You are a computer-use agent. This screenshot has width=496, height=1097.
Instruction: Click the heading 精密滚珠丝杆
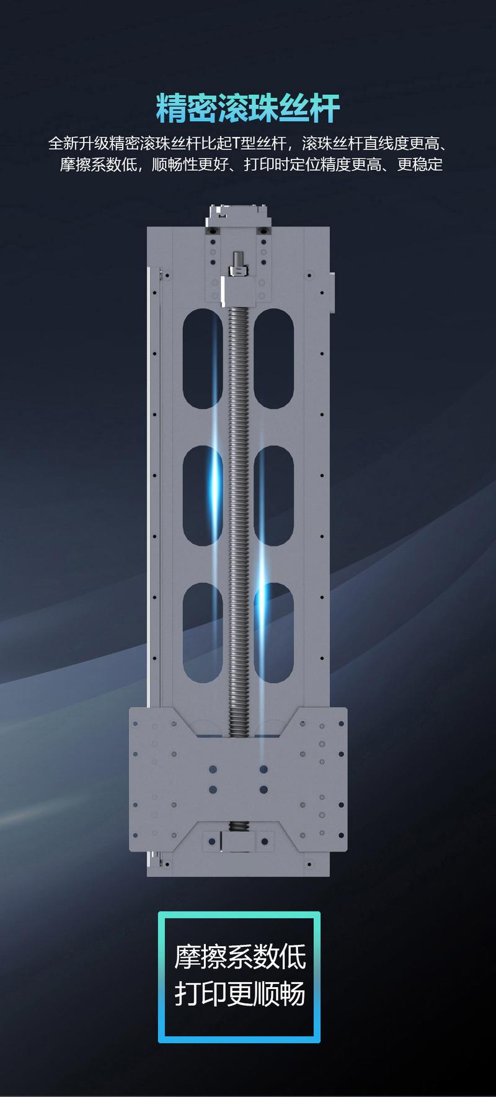248,109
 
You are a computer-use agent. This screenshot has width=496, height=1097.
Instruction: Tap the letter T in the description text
236,144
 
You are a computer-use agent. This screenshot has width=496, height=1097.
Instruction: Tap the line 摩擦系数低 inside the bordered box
240,957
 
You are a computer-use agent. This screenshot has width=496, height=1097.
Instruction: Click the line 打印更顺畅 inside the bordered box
240,993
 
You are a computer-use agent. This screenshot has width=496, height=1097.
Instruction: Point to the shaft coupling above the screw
239,264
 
